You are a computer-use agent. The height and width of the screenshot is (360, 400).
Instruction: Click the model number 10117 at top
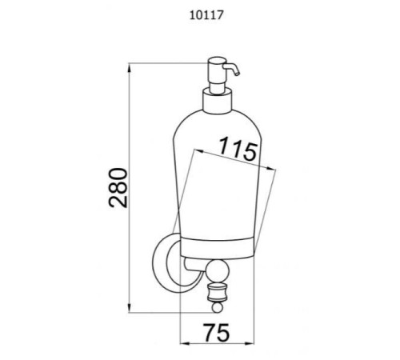[x=206, y=15]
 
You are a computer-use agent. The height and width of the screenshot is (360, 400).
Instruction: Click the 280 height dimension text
[x=118, y=188]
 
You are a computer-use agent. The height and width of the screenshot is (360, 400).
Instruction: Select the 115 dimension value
[x=238, y=149]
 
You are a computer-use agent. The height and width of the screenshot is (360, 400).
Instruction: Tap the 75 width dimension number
[x=216, y=332]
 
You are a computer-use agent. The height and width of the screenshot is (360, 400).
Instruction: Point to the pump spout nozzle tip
[x=238, y=74]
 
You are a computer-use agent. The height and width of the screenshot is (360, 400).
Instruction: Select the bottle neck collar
[x=218, y=101]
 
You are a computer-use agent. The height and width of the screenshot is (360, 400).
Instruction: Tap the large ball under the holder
[x=216, y=272]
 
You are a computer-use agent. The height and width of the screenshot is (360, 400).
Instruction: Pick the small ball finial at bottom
[x=217, y=308]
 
